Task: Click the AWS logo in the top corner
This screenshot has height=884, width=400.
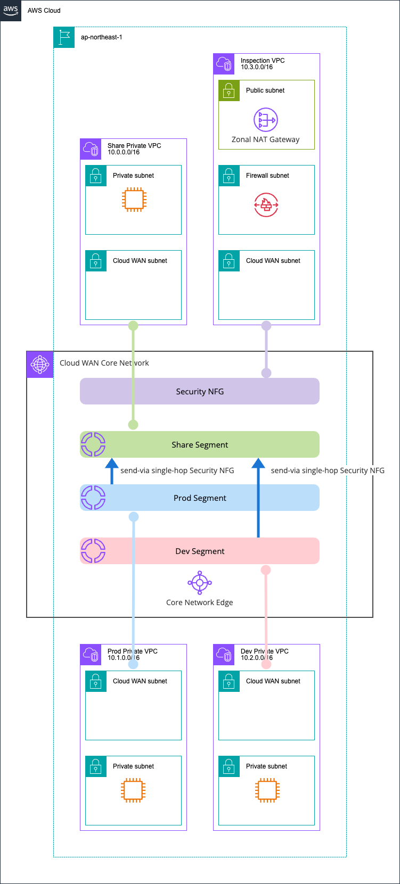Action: [x=11, y=10]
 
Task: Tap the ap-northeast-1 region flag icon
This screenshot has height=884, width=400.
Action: [x=64, y=37]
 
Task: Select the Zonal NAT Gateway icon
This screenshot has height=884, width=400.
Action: [x=265, y=120]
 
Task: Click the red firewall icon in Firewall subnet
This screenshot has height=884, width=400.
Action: [x=266, y=204]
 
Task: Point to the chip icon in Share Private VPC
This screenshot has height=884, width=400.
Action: [x=134, y=200]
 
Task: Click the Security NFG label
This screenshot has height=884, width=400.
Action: [x=200, y=392]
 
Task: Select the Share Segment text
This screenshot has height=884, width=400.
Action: [x=200, y=445]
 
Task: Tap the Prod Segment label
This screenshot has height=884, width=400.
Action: [x=200, y=498]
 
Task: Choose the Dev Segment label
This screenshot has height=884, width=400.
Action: [x=200, y=551]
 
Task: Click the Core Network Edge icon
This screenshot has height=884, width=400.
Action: [x=200, y=583]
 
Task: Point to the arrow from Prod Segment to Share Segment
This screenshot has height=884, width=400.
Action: [x=112, y=470]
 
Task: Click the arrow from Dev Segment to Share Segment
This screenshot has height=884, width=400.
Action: [x=258, y=497]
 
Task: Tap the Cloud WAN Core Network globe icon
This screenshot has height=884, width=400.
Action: [x=40, y=365]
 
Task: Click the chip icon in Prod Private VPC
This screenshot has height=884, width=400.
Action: [x=133, y=790]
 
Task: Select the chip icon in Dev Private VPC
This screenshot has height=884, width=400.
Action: [x=266, y=790]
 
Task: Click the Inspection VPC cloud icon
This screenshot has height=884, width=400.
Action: [x=224, y=64]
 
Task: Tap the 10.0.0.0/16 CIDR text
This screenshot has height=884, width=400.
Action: [x=124, y=152]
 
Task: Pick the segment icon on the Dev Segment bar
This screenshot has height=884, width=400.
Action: [x=93, y=551]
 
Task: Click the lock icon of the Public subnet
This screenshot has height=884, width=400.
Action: [x=229, y=90]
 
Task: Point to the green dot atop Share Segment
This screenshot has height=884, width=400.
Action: [x=133, y=425]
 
